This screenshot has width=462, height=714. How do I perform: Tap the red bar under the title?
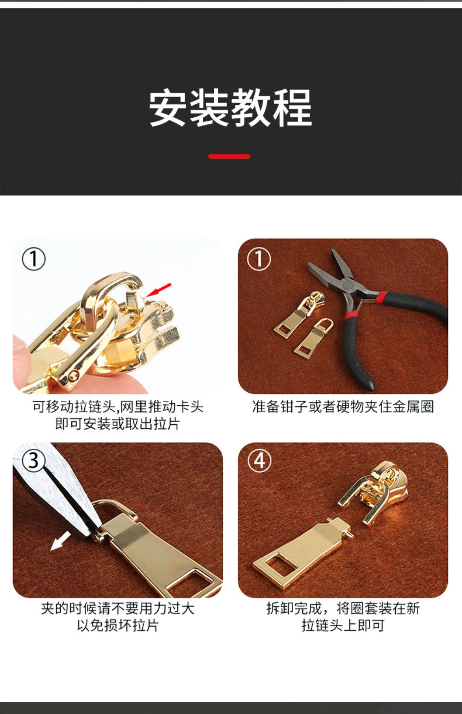tap(229, 156)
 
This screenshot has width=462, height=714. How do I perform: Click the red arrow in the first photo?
tap(159, 290)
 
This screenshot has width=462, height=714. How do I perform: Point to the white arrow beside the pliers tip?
tap(60, 541)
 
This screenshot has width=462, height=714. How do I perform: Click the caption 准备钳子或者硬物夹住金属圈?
tap(343, 407)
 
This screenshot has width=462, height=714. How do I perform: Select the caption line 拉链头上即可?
tap(343, 625)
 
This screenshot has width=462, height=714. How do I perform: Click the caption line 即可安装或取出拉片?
tap(118, 424)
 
